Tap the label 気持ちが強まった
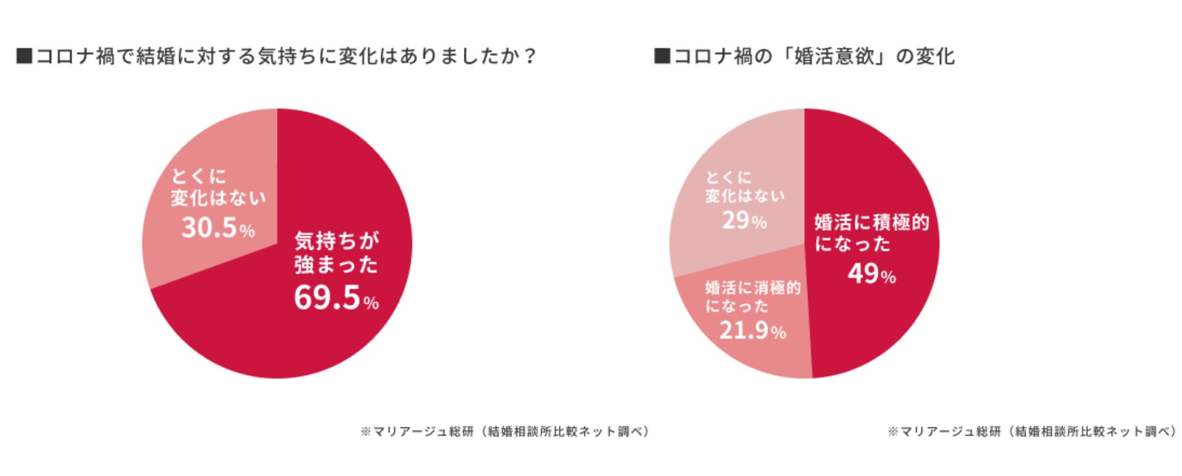click(336, 252)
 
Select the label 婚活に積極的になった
click(871, 233)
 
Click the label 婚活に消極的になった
click(752, 297)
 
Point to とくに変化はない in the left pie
click(217, 187)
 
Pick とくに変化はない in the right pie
click(745, 187)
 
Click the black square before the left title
click(24, 56)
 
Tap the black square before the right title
click(662, 56)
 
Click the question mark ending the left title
click(529, 56)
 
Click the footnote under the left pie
click(505, 431)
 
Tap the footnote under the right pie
click(1032, 431)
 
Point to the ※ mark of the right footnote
click(893, 432)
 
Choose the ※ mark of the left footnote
click(365, 432)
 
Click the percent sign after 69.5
click(371, 303)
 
